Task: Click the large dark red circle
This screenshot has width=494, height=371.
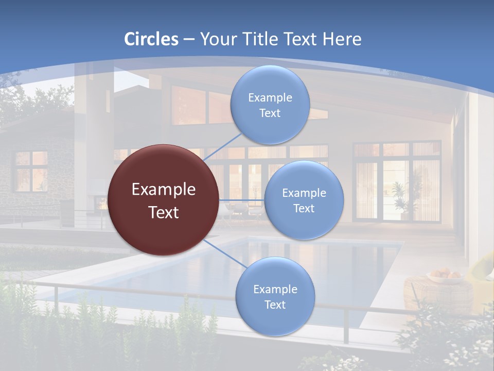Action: (x=163, y=200)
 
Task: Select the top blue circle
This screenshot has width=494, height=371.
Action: (x=270, y=105)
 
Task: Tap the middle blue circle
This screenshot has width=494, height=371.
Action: (x=304, y=200)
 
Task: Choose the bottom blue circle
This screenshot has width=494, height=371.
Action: (x=275, y=296)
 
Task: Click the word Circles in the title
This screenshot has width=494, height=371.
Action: (x=151, y=39)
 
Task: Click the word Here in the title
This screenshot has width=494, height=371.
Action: (x=342, y=39)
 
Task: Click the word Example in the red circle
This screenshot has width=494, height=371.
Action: (x=163, y=190)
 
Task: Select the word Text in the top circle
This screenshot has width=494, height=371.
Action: (x=270, y=113)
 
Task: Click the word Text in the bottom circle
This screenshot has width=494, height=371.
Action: (x=275, y=305)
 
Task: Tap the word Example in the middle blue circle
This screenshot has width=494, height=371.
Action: (x=304, y=193)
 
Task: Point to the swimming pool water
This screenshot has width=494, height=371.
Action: (x=288, y=263)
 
